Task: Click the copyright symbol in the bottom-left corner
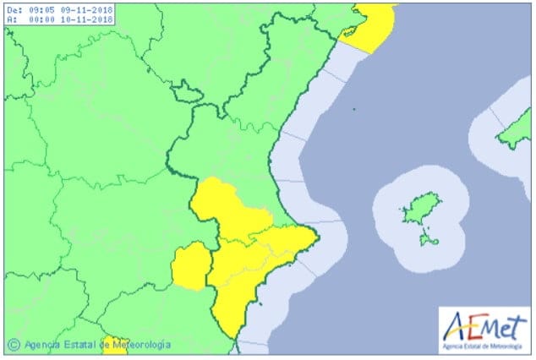14,345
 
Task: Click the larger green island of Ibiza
414,208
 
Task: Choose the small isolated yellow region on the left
189,265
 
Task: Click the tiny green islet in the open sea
354,109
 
